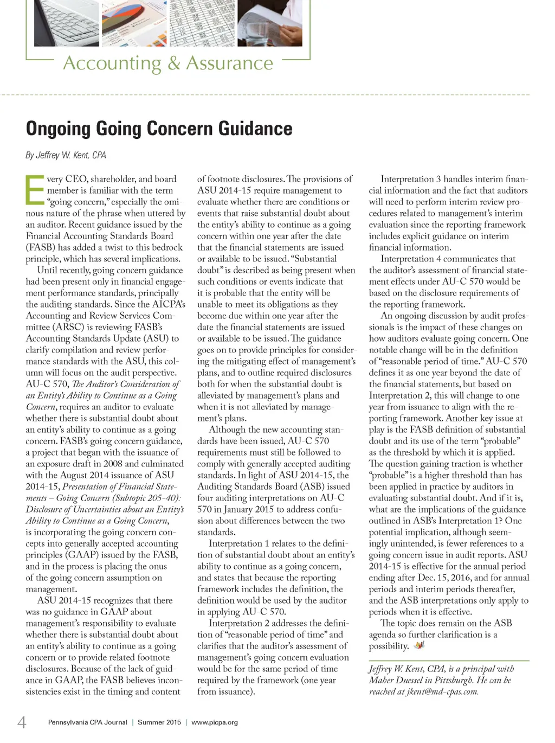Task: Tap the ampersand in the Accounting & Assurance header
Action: pyautogui.click(x=173, y=63)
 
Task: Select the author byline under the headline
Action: pyautogui.click(x=66, y=155)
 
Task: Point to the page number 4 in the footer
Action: pyautogui.click(x=22, y=722)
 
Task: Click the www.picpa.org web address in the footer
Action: pyautogui.click(x=215, y=722)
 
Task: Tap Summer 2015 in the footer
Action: pyautogui.click(x=159, y=722)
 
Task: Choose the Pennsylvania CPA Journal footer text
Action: pyautogui.click(x=88, y=722)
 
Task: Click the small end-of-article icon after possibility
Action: pyautogui.click(x=419, y=645)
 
